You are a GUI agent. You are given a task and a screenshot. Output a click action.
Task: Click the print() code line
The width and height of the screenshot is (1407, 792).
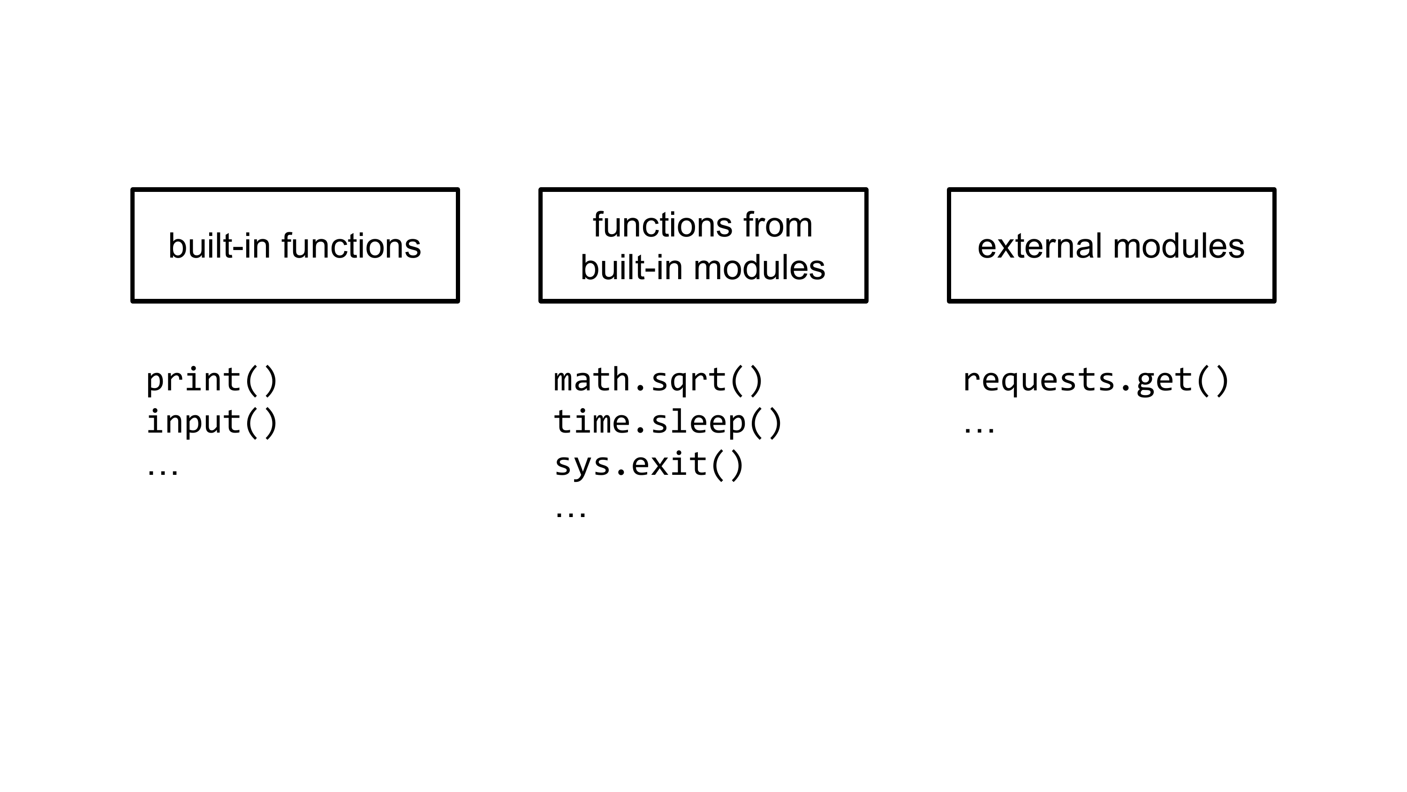click(212, 381)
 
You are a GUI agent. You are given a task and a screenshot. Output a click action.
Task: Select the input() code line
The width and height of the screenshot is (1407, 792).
click(212, 422)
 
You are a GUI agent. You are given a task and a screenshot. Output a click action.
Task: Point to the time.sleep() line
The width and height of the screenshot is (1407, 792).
click(668, 422)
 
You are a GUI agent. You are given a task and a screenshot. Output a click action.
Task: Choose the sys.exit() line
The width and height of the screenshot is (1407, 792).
click(649, 465)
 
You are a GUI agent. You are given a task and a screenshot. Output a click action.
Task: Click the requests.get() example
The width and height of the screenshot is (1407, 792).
click(1096, 381)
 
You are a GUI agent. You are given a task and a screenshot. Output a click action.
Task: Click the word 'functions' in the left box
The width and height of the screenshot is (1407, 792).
click(351, 246)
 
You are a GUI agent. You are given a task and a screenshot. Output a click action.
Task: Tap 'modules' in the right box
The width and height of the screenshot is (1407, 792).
click(1178, 246)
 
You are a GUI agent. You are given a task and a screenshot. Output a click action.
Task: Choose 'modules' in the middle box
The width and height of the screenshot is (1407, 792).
click(759, 268)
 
